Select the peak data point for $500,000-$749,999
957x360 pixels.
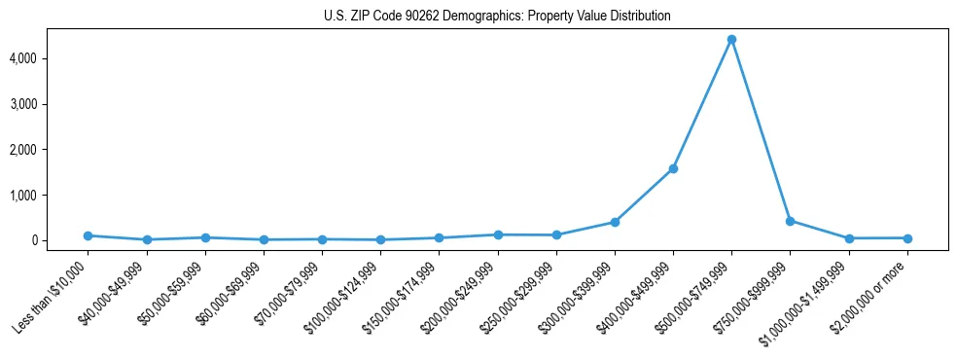pyautogui.click(x=731, y=40)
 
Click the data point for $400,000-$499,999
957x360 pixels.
pyautogui.click(x=673, y=168)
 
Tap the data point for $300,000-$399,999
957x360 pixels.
pyautogui.click(x=615, y=222)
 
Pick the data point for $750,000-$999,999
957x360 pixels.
pyautogui.click(x=790, y=221)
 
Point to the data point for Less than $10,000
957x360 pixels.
pyautogui.click(x=88, y=235)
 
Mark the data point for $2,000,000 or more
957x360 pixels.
pyautogui.click(x=907, y=238)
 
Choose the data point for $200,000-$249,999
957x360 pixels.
pyautogui.click(x=498, y=234)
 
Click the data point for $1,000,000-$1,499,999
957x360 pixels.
pyautogui.click(x=849, y=238)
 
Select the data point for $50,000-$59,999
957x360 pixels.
pyautogui.click(x=204, y=237)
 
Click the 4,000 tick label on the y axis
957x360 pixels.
pyautogui.click(x=51, y=58)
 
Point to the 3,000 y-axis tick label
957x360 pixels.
pyautogui.click(x=51, y=104)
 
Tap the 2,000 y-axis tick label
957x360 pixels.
pyautogui.click(x=51, y=150)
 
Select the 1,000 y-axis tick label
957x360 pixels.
pyautogui.click(x=51, y=196)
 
